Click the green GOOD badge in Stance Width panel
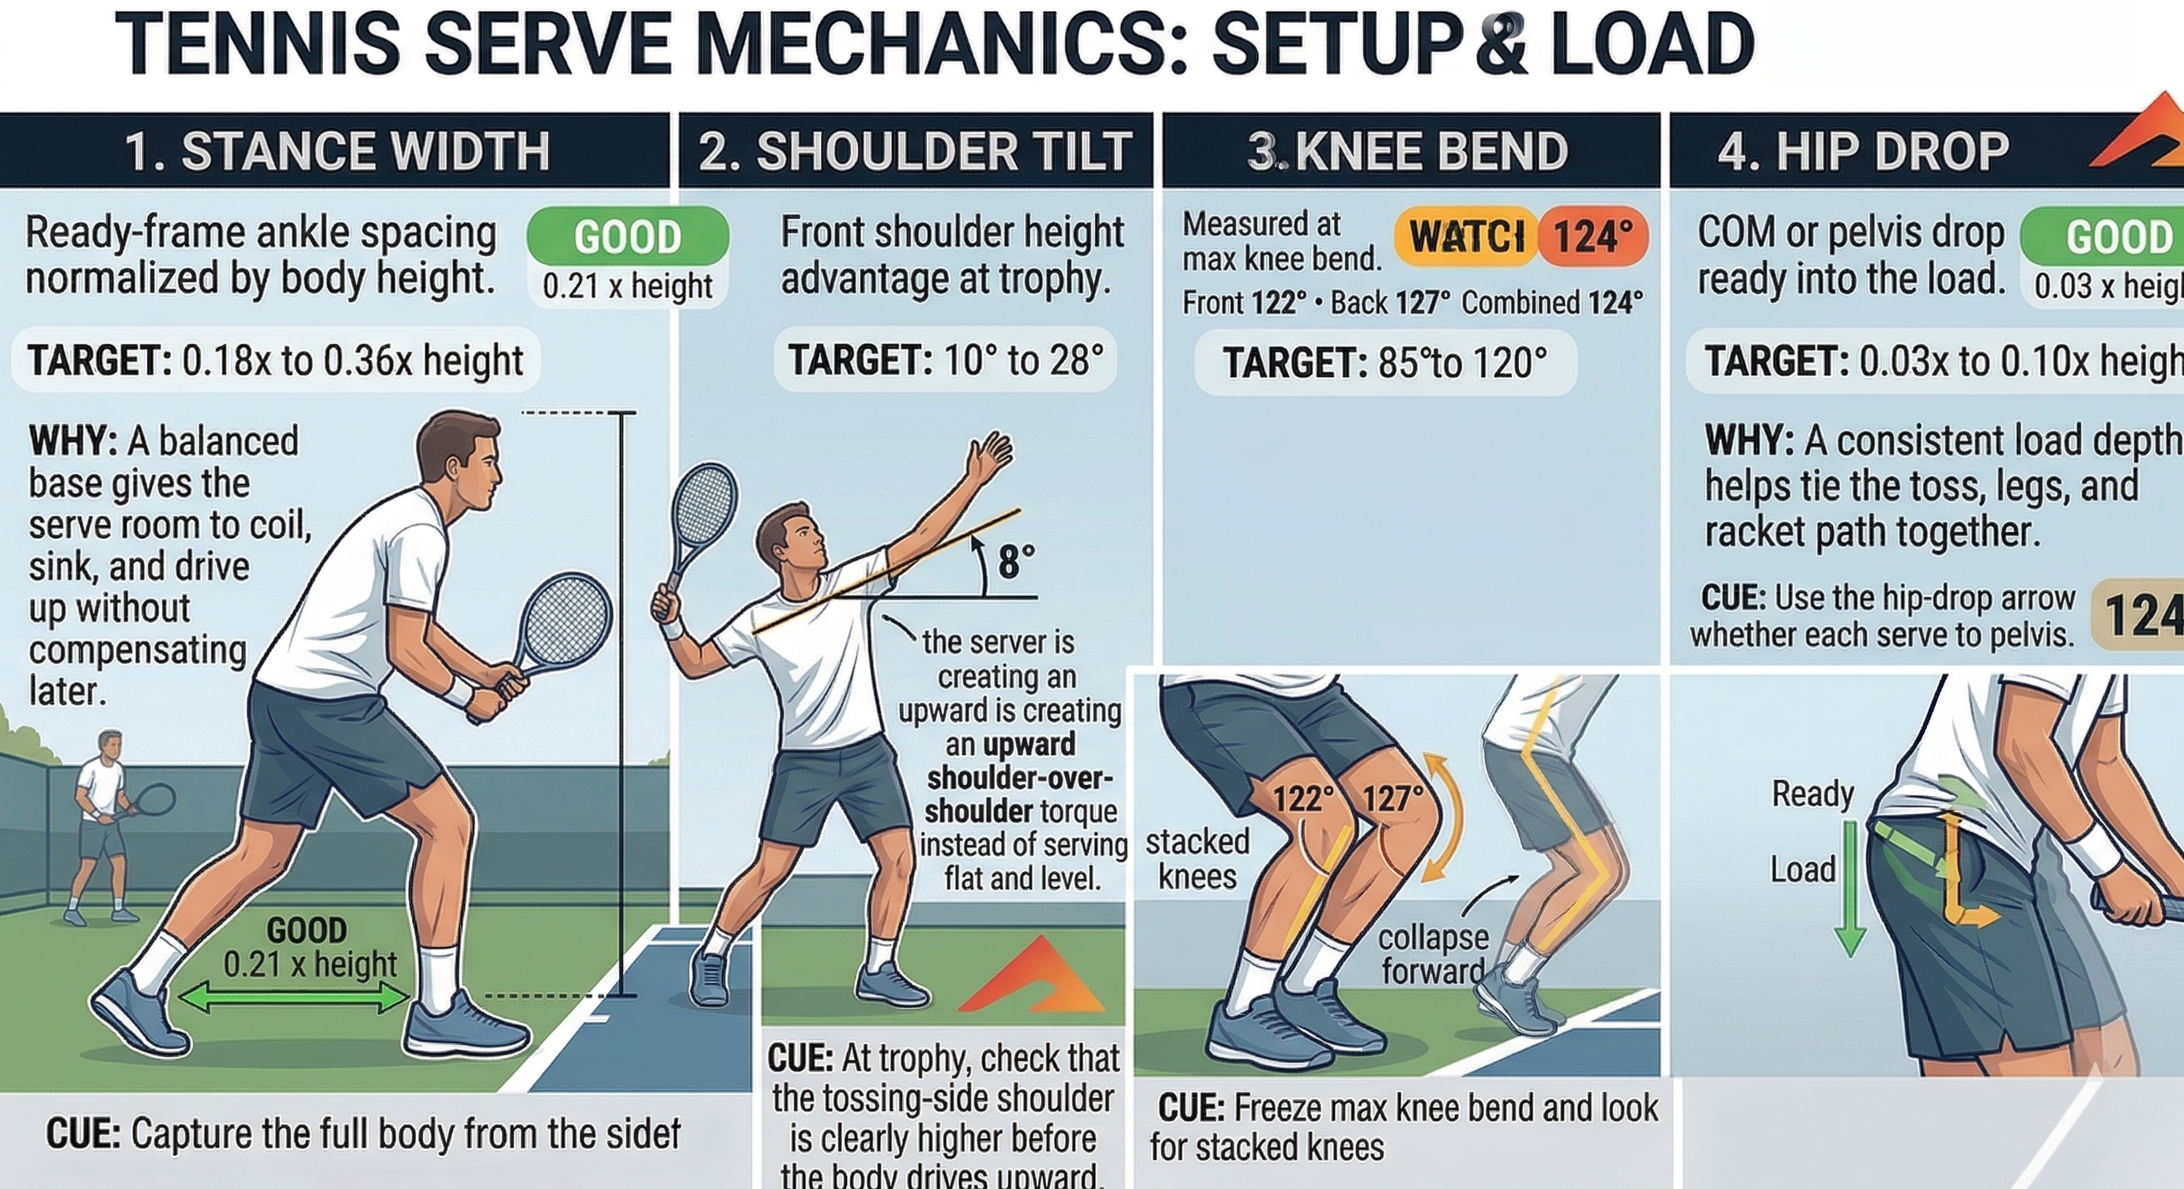627,236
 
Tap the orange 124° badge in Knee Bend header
1593,236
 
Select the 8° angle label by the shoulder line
1016,562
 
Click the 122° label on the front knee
1303,798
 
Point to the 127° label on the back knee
1392,798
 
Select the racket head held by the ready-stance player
565,623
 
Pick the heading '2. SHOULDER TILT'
915,152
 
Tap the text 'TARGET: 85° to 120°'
1384,364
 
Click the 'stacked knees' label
1196,859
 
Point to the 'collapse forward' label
1432,953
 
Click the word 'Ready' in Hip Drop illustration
1812,794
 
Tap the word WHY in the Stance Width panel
72,440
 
